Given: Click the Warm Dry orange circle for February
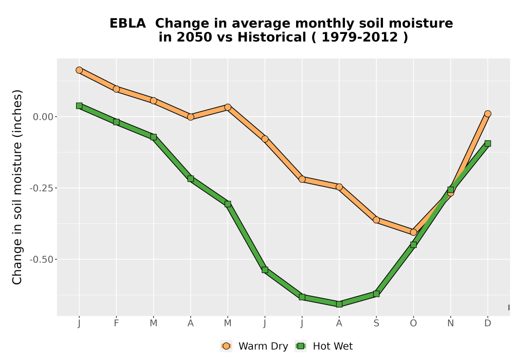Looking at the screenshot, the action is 116,89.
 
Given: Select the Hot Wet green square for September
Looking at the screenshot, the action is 376,294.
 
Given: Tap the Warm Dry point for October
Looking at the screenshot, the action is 413,232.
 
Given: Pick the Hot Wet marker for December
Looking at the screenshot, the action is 488,143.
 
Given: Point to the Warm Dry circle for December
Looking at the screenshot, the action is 488,114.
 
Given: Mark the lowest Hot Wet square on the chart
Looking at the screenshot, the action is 339,304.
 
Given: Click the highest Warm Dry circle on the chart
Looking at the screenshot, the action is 79,70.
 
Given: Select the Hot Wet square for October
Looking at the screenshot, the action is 413,245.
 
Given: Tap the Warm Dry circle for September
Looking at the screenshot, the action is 376,220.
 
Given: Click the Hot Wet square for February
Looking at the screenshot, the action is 116,122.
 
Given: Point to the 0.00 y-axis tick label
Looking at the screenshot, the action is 43,117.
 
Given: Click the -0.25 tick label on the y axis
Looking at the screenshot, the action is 41,188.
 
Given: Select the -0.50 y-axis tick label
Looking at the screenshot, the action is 41,259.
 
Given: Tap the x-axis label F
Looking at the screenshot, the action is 116,323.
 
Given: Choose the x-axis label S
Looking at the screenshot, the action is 376,323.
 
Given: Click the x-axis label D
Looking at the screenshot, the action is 488,323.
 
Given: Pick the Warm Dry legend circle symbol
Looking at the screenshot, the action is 226,346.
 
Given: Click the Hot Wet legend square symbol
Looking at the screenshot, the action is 301,346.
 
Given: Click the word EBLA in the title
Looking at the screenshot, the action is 127,24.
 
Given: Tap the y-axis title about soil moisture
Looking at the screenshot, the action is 17,187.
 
